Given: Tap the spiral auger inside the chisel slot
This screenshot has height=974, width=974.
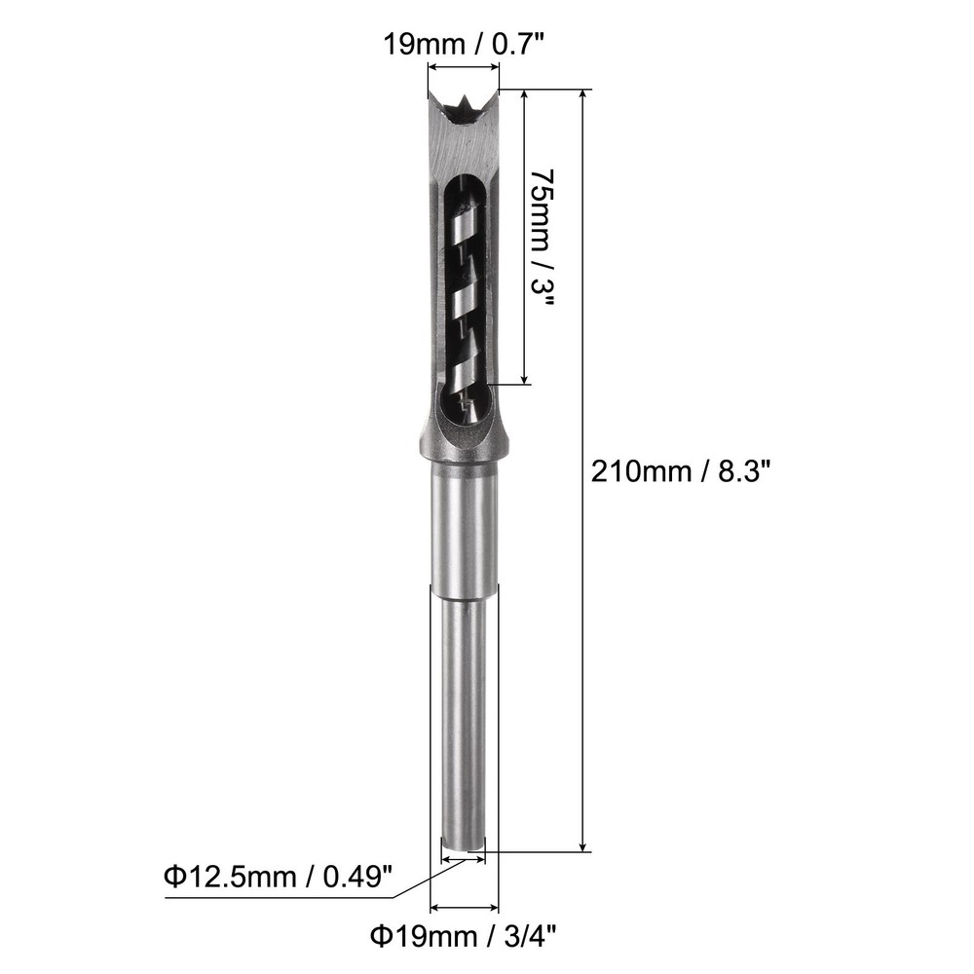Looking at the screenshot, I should [463, 292].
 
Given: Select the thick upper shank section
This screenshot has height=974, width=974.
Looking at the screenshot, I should [464, 526].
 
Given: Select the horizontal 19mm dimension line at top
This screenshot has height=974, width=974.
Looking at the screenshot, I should [464, 67].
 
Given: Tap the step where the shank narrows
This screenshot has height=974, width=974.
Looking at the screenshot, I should [464, 587].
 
